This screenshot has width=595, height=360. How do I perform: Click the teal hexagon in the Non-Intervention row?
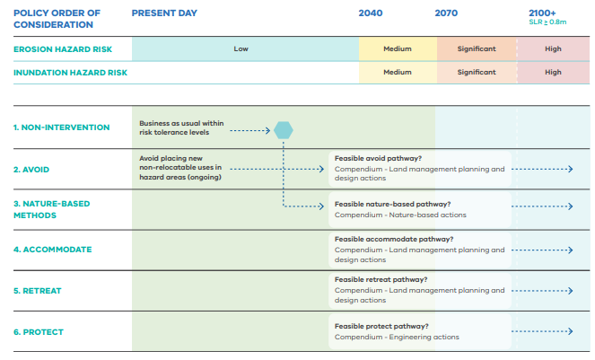284,130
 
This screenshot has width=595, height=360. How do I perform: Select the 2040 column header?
371,13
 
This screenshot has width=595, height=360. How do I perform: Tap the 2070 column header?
446,13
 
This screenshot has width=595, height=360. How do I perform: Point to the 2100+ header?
542,13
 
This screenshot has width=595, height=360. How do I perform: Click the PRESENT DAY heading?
164,13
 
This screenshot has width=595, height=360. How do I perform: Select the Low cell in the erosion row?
241,48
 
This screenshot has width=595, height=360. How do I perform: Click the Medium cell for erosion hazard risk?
398,48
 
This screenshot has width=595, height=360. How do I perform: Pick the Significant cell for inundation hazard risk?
477,72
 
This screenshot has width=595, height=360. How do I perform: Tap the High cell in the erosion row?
553,48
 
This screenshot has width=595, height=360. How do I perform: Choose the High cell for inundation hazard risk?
553,72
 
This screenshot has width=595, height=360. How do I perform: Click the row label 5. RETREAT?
37,291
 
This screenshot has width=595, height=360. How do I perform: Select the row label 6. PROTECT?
39,332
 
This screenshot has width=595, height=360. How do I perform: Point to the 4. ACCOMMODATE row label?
52,250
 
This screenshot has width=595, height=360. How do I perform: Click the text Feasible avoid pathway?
378,158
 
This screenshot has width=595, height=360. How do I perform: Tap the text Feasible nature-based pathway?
392,204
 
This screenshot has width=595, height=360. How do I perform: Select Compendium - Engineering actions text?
397,337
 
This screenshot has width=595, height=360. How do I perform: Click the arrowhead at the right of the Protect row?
570,331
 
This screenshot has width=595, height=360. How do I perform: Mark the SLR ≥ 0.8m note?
547,22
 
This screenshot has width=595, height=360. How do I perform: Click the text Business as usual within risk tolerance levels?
181,127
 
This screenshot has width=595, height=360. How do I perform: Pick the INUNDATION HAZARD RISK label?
70,73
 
